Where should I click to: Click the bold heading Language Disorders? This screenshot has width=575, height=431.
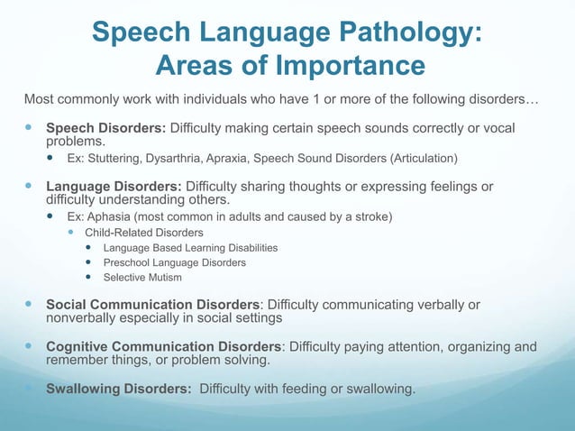tap(114, 187)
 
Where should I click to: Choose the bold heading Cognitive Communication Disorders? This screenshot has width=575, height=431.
tap(164, 347)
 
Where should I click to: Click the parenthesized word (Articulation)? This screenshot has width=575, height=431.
tap(423, 159)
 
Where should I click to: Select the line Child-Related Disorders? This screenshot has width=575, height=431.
tap(144, 233)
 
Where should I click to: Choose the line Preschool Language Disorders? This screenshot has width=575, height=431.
tap(174, 262)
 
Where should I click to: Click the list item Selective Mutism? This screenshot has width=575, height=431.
tap(142, 278)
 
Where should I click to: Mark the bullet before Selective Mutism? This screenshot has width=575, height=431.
tap(89, 278)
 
